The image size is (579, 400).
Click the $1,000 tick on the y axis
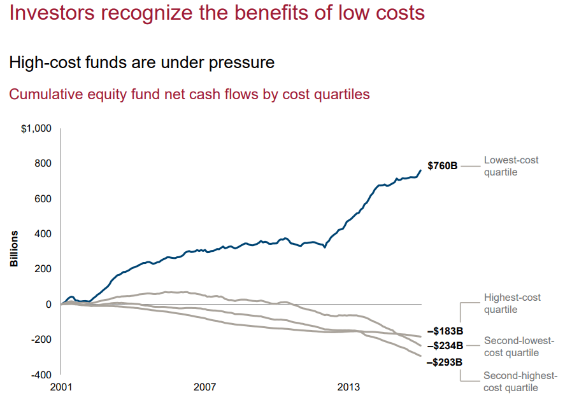pyautogui.click(x=36, y=128)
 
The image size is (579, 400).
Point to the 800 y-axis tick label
pyautogui.click(x=43, y=163)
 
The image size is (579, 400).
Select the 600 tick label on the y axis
pyautogui.click(x=43, y=198)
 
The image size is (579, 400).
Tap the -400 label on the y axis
pyautogui.click(x=41, y=375)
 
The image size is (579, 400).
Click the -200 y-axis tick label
pyautogui.click(x=41, y=340)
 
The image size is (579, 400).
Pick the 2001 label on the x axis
pyautogui.click(x=61, y=387)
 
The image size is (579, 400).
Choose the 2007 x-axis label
pyautogui.click(x=204, y=387)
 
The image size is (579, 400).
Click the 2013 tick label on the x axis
pyautogui.click(x=348, y=387)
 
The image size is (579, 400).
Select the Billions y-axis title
pyautogui.click(x=14, y=249)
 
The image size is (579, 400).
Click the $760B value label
pyautogui.click(x=443, y=166)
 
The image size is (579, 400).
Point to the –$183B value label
pyautogui.click(x=445, y=331)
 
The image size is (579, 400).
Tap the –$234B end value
pyautogui.click(x=445, y=346)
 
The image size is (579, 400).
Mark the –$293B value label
pyautogui.click(x=445, y=362)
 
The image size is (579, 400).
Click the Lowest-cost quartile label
pyautogui.click(x=511, y=166)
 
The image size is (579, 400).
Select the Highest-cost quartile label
pyautogui.click(x=512, y=303)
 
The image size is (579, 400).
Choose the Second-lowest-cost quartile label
pyautogui.click(x=519, y=347)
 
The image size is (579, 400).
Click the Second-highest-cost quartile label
pyautogui.click(x=520, y=382)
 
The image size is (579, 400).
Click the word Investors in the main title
pyautogui.click(x=52, y=13)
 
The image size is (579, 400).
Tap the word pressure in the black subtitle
pyautogui.click(x=241, y=63)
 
